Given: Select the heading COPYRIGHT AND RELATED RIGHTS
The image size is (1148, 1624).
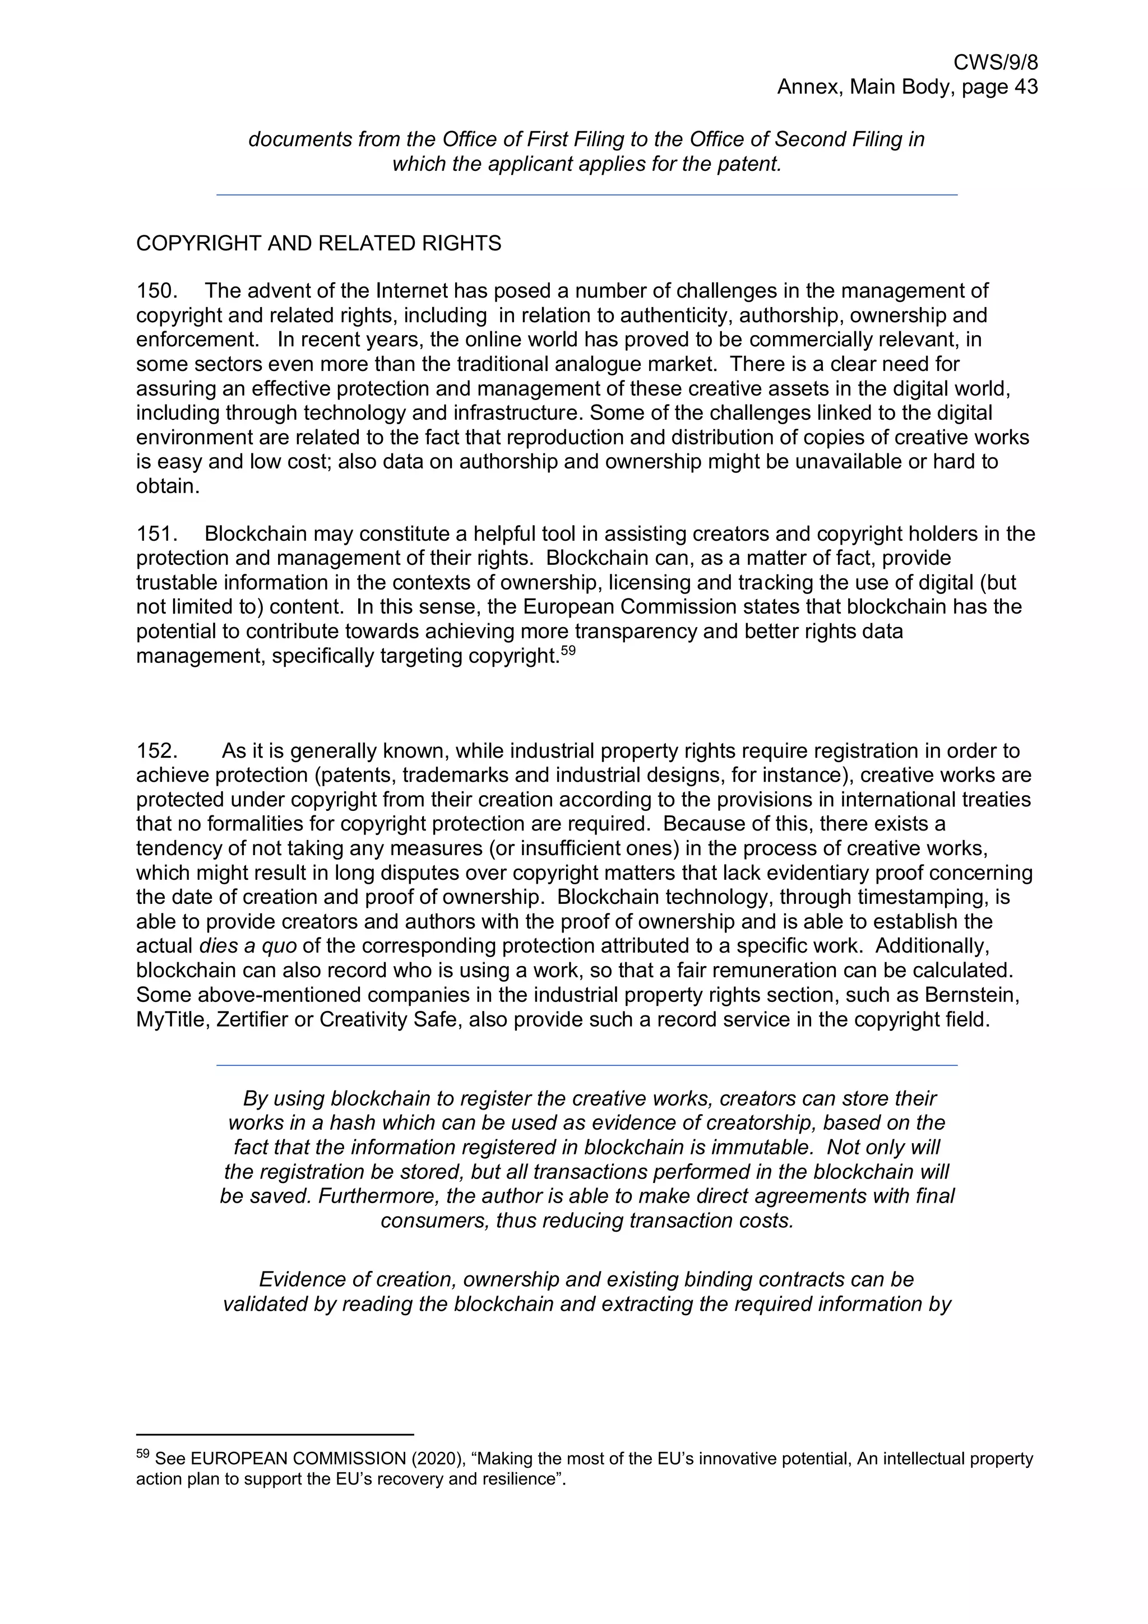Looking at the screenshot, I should pos(318,243).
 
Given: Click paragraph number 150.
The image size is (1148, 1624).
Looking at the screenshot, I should pos(156,291).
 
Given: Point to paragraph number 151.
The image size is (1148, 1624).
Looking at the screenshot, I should pos(156,534).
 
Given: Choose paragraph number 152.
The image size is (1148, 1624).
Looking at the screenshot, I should pos(156,750).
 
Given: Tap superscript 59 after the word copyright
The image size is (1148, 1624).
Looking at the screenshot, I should pos(568,651).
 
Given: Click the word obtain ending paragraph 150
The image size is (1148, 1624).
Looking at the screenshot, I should pos(167,486).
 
